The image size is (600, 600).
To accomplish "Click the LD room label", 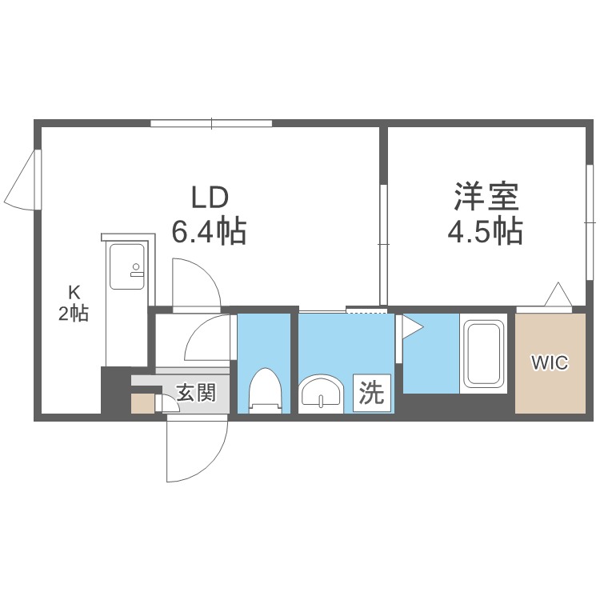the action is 210,197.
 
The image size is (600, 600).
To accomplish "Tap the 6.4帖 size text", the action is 209,231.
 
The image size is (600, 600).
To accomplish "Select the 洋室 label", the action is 486,197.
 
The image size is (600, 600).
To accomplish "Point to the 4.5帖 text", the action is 486,231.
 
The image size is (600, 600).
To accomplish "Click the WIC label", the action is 550,362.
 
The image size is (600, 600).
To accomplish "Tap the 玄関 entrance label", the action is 196,393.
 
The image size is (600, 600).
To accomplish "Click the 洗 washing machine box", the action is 372,394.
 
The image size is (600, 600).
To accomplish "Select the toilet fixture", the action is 265,390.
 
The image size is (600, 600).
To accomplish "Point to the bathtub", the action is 484,354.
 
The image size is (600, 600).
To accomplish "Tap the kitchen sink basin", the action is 127,266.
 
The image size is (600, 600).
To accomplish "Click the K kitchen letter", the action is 74,293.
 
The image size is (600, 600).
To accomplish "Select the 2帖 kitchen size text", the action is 74,314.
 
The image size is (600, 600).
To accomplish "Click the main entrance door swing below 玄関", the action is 198,450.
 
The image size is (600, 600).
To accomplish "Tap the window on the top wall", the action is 211,123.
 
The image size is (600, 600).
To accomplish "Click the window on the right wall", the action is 590,222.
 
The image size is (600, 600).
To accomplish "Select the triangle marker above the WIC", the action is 558,294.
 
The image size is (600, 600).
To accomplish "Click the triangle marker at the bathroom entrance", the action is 413,326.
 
